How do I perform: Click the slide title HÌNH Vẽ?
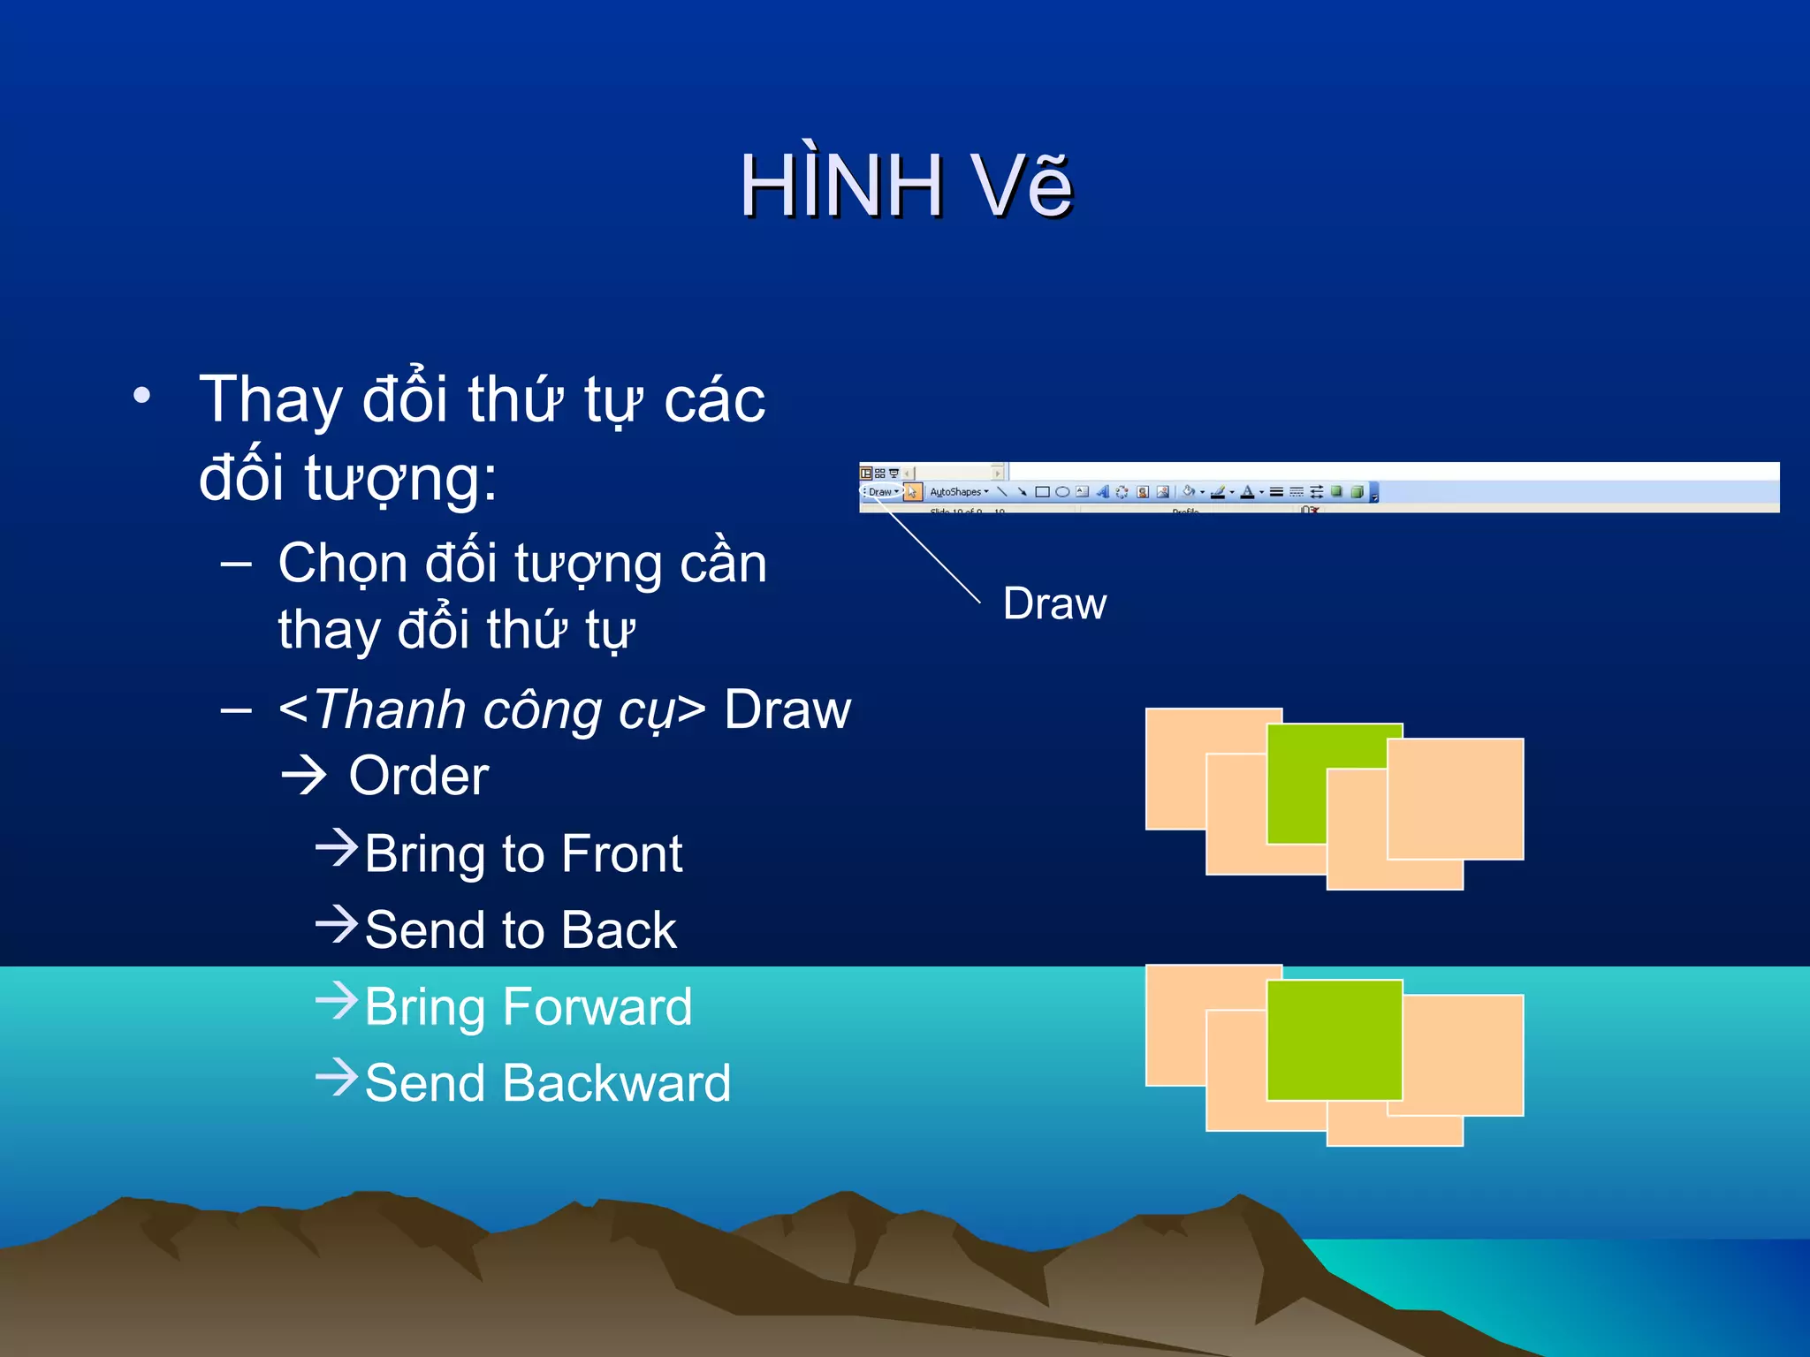point(906,186)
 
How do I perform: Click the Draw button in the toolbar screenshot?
point(881,492)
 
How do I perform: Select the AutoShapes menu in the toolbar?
point(958,492)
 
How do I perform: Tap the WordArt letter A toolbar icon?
point(1102,492)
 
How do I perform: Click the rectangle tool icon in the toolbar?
point(1042,492)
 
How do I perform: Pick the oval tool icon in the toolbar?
point(1062,492)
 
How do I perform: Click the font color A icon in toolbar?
point(1247,492)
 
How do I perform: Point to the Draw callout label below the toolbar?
point(1054,604)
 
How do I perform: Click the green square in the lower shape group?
point(1335,1040)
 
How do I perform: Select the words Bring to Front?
point(523,854)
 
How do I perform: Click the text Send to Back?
point(521,930)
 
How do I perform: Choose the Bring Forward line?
point(528,1007)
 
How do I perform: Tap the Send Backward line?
point(548,1083)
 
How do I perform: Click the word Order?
point(419,777)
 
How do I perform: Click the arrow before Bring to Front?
point(337,848)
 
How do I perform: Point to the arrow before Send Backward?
point(337,1077)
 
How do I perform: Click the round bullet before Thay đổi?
point(141,395)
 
